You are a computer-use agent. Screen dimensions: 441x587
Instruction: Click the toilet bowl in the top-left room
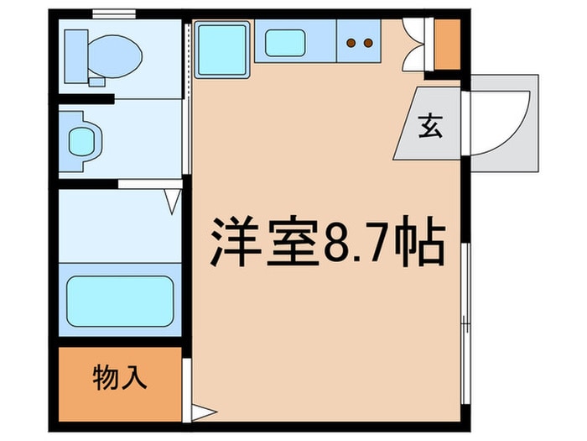(x=117, y=55)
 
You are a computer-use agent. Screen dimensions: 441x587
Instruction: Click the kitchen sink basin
(x=288, y=40)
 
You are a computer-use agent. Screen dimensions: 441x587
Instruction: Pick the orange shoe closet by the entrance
(x=447, y=44)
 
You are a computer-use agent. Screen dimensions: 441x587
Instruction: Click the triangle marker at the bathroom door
(x=173, y=201)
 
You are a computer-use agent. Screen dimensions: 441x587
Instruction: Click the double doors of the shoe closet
(x=414, y=44)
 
